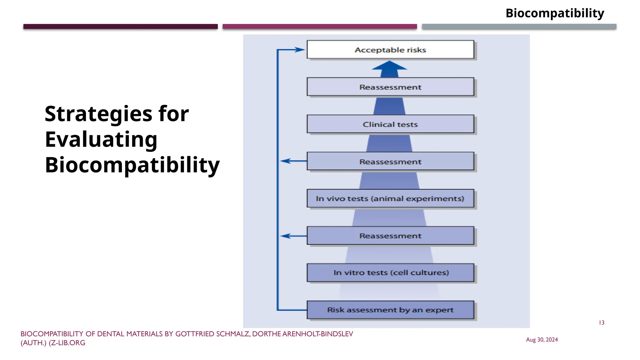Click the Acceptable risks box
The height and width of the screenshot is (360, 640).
[390, 50]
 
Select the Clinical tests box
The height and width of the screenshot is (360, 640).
[390, 124]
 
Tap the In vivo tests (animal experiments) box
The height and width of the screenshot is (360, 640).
[390, 198]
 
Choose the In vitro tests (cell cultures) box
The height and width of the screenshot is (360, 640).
[390, 272]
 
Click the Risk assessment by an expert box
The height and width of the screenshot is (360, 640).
[390, 310]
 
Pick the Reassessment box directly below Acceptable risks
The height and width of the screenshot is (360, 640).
[390, 87]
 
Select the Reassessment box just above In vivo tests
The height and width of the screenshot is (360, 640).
[390, 161]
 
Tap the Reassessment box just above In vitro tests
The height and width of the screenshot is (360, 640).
[390, 236]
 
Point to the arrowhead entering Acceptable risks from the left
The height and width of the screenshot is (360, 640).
[300, 49]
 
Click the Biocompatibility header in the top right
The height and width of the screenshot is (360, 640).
[555, 13]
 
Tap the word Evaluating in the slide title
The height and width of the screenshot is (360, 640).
[101, 139]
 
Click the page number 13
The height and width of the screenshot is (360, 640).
[601, 323]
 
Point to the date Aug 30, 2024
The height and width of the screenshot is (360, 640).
[542, 340]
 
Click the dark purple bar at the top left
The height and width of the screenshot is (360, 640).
[120, 27]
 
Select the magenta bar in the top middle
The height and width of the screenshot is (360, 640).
[319, 27]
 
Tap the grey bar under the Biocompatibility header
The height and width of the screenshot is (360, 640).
[519, 27]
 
